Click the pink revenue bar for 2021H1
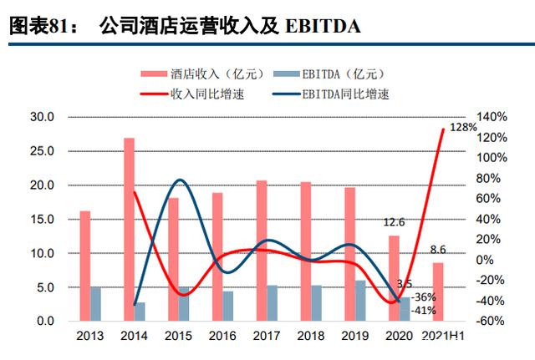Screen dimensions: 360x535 point(438,292)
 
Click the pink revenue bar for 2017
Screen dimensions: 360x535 point(262,251)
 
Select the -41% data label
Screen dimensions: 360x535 point(425,311)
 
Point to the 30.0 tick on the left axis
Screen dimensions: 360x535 point(43,117)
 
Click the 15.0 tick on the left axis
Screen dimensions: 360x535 point(43,219)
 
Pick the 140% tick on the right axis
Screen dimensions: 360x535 point(491,117)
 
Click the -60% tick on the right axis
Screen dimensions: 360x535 point(490,322)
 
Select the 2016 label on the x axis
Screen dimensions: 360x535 point(222,337)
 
